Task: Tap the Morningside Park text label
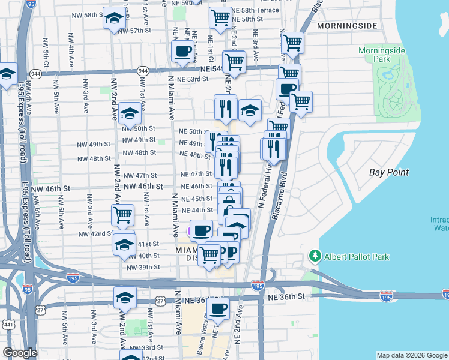pyautogui.click(x=383, y=55)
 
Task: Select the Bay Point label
pyautogui.click(x=389, y=172)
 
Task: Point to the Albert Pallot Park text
pyautogui.click(x=357, y=257)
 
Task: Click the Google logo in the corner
pyautogui.click(x=20, y=353)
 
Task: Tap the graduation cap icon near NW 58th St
pyautogui.click(x=113, y=20)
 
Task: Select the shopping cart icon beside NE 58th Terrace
pyautogui.click(x=220, y=18)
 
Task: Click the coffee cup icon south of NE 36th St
pyautogui.click(x=218, y=309)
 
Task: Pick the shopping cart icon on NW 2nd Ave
pyautogui.click(x=123, y=215)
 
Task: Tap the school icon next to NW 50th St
pyautogui.click(x=129, y=113)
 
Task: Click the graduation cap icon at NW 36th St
pyautogui.click(x=125, y=297)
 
